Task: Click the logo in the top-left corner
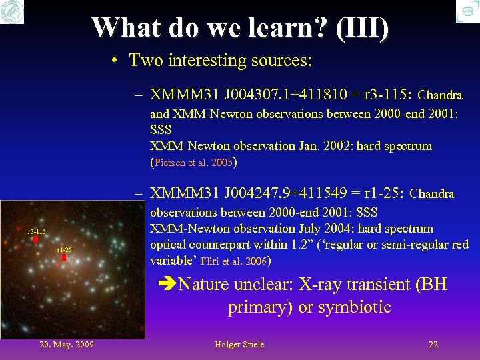coord(12,11)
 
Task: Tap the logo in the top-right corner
coord(468,11)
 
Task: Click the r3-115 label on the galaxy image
coord(36,232)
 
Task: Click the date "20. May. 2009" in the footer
coord(67,344)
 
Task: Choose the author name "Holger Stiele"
coord(239,344)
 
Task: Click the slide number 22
coord(433,344)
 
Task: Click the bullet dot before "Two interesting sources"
coord(115,61)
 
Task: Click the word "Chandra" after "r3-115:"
coord(440,95)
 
